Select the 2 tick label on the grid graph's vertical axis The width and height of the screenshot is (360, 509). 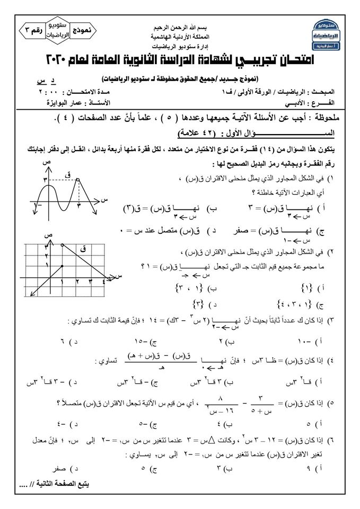click(47, 256)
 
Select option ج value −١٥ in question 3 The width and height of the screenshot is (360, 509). click(157, 339)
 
